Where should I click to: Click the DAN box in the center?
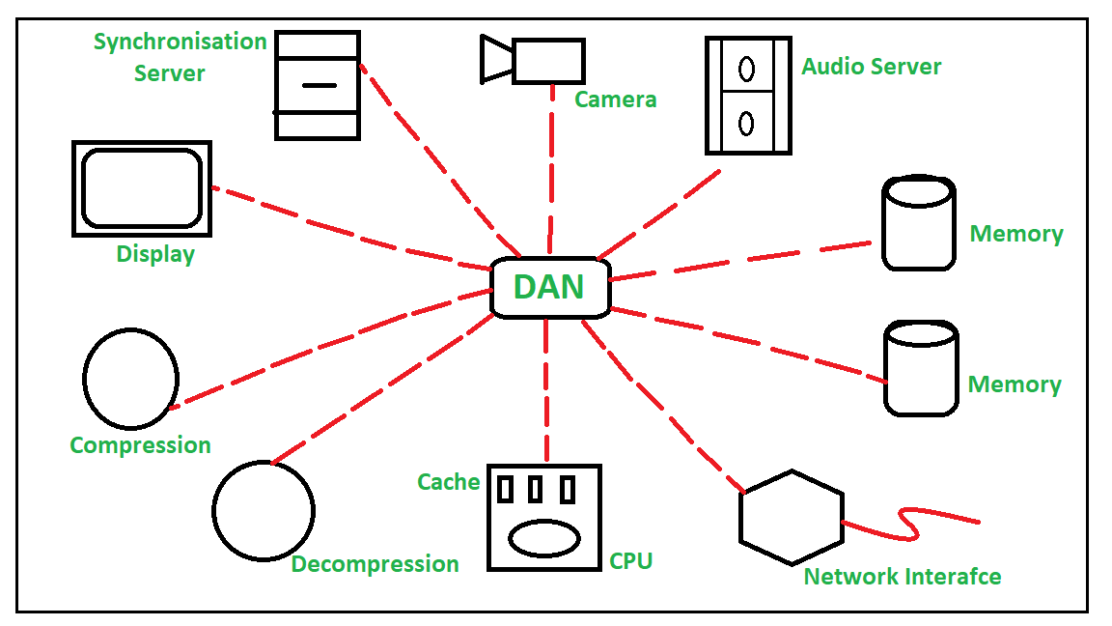coord(550,287)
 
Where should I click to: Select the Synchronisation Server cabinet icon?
coord(318,85)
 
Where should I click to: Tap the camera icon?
coord(534,60)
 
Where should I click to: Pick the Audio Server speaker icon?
coord(748,95)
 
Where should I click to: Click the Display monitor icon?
coord(142,188)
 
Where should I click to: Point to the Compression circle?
coord(130,379)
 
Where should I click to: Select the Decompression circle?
coord(264,510)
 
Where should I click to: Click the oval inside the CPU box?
coord(543,538)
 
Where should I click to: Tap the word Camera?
coord(616,100)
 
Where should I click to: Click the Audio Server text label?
coord(872,67)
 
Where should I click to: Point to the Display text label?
coord(155,254)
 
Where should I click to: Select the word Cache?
coord(449,481)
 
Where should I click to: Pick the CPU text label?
coord(631,560)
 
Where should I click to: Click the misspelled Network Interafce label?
coord(903,577)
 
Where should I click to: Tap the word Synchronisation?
coord(180,42)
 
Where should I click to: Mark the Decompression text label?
coord(375,564)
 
